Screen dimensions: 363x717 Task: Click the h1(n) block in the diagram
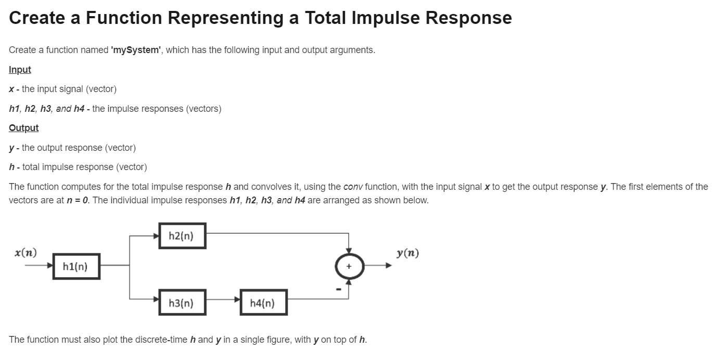pyautogui.click(x=76, y=266)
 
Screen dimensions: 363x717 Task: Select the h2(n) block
pyautogui.click(x=182, y=236)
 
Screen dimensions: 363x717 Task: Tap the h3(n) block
pyautogui.click(x=182, y=303)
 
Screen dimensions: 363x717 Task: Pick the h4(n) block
pyautogui.click(x=263, y=303)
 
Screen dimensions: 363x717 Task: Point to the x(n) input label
pyautogui.click(x=25, y=253)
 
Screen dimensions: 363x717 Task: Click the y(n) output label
pyautogui.click(x=407, y=253)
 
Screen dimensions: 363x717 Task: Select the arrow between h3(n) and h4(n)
pyautogui.click(x=223, y=300)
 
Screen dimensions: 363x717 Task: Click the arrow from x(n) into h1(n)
pyautogui.click(x=39, y=266)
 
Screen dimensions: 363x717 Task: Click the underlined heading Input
pyautogui.click(x=20, y=70)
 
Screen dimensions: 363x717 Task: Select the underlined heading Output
pyautogui.click(x=23, y=128)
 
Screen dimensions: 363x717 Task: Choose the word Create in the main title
pyautogui.click(x=37, y=18)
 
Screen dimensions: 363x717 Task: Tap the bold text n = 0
pyautogui.click(x=74, y=200)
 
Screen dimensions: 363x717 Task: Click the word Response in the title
pyautogui.click(x=468, y=18)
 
